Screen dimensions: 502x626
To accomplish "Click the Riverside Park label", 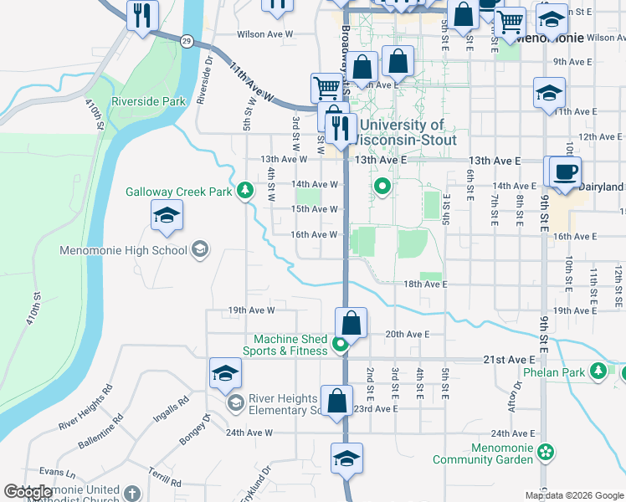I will (x=151, y=101).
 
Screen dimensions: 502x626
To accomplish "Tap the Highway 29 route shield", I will (x=186, y=40).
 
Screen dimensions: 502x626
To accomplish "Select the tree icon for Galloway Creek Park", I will (x=244, y=192).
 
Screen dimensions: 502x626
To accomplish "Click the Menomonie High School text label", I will (x=123, y=250).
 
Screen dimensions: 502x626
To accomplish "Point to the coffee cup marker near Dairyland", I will (x=563, y=172).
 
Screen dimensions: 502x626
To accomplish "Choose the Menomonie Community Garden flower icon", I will (x=546, y=453).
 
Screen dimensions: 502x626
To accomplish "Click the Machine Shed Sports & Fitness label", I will (x=290, y=345).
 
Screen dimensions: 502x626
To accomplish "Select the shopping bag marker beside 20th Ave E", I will (x=351, y=324).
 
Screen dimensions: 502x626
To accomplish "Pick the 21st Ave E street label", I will (x=508, y=359).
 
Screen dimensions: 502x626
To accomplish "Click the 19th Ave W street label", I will (x=251, y=310).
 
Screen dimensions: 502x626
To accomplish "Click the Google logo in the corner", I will (x=28, y=492).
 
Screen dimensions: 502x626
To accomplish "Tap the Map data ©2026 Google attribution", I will (x=574, y=495).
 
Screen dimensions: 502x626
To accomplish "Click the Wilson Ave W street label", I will (x=265, y=34).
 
